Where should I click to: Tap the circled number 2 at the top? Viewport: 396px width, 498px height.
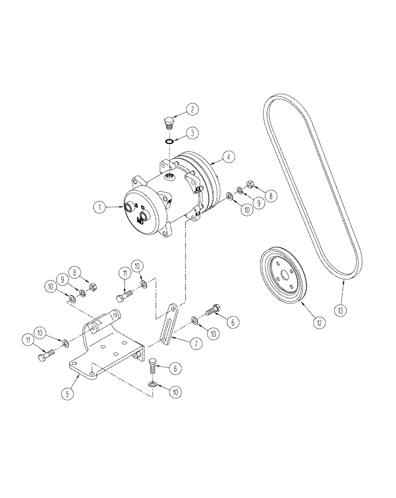(x=193, y=109)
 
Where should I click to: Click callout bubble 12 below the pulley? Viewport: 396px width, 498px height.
(x=319, y=322)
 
